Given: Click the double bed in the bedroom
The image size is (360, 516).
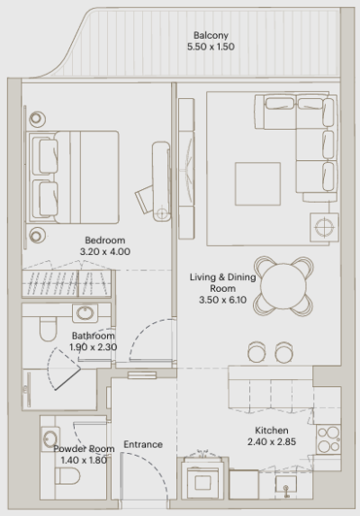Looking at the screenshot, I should click(76, 170).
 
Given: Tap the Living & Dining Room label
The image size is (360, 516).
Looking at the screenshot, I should click(222, 283).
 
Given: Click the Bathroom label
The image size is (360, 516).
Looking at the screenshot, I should click(94, 337).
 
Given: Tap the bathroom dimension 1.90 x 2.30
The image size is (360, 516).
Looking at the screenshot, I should click(94, 348).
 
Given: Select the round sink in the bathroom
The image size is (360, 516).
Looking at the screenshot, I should click(85, 314).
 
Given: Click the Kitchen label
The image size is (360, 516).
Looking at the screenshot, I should click(271, 430).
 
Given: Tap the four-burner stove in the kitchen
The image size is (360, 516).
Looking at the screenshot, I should click(328, 439).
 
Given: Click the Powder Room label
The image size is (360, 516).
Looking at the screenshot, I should click(83, 448).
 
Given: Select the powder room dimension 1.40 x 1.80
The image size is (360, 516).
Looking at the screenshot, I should click(83, 460).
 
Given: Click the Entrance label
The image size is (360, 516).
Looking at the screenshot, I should click(142, 444).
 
